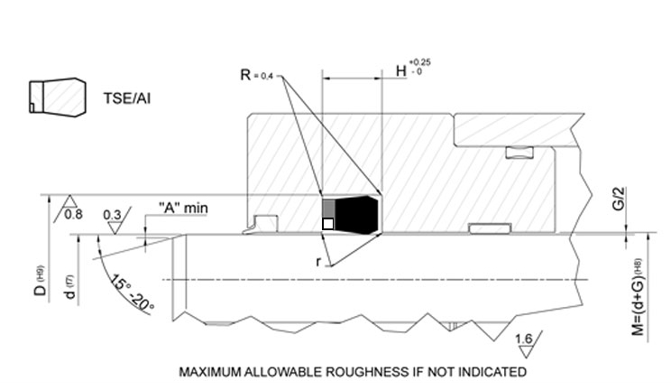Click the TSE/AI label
(126, 98)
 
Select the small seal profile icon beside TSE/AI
(58, 97)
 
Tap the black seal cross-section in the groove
(356, 215)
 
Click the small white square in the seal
(327, 224)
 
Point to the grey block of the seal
(328, 208)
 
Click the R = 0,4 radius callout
(256, 75)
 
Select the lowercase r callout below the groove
(318, 261)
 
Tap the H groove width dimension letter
(401, 70)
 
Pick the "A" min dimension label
(183, 208)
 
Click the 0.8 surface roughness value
(73, 214)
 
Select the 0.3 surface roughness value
(112, 215)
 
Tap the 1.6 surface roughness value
(524, 339)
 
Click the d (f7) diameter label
(69, 287)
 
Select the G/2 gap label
(619, 199)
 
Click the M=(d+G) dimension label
(638, 297)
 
